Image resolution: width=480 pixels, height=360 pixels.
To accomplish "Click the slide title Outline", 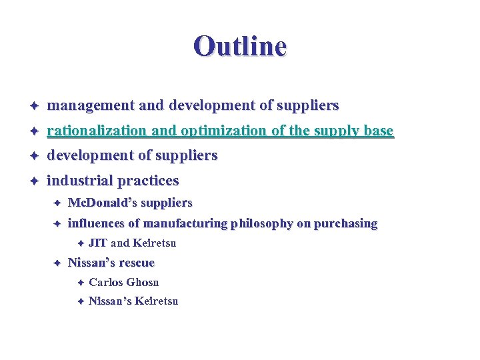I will (240, 47).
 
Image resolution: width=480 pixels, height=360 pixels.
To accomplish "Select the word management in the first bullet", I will (91, 106).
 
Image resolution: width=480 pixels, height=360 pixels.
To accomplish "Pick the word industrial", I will (79, 181).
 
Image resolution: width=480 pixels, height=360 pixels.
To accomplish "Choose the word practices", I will (148, 181).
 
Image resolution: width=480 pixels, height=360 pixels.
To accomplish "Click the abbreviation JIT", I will (98, 243).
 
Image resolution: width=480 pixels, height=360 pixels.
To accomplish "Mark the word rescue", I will (136, 263).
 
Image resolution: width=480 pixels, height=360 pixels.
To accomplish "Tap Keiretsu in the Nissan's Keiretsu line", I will (157, 301).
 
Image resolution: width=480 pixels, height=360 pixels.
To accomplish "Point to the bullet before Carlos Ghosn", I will (79, 283).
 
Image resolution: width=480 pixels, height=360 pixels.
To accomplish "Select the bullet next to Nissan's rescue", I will (57, 263).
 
